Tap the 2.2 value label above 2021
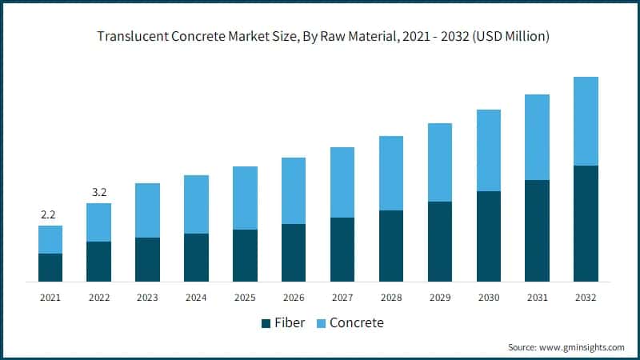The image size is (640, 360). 50,214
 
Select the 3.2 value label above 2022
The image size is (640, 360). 98,192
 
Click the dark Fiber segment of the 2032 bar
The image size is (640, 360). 586,223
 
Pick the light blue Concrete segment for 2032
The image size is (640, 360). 586,121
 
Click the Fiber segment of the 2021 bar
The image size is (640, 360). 50,267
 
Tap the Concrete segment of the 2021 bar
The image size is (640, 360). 50,239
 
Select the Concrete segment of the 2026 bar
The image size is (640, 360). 294,190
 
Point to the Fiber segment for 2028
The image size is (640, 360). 391,246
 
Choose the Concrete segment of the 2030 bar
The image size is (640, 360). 489,150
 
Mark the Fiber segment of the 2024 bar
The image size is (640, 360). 196,257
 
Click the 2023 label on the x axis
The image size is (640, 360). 147,297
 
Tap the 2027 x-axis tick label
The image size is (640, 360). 342,297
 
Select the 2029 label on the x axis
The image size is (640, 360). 440,297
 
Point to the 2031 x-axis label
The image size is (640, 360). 538,297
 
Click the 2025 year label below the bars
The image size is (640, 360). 245,297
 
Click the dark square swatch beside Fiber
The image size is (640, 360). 266,323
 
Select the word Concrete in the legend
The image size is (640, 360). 357,323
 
